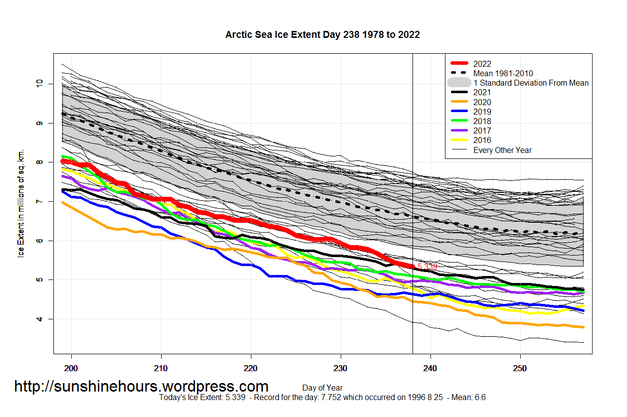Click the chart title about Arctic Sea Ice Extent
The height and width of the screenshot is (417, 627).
pos(322,35)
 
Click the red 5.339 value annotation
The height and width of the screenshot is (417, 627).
pos(427,267)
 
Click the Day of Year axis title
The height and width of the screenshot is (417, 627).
pos(322,388)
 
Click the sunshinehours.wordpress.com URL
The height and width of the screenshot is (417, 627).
pos(141,386)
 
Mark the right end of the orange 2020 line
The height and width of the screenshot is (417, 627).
pos(583,327)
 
